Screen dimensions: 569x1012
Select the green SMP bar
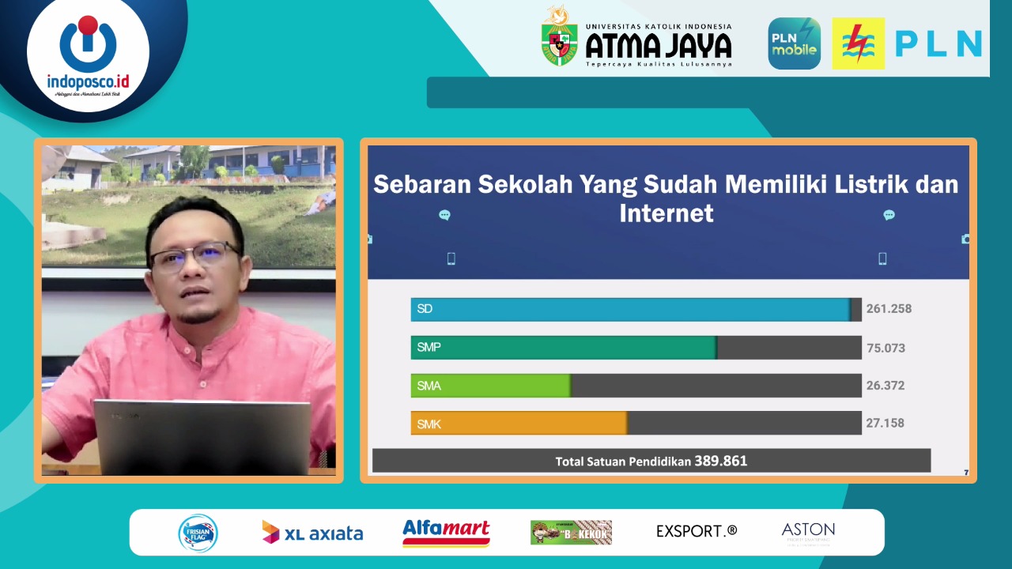pos(563,348)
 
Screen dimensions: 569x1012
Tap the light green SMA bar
pos(490,386)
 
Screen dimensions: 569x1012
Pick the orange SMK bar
pos(519,424)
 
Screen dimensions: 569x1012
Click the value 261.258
pos(889,309)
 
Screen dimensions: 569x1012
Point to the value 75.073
pos(885,348)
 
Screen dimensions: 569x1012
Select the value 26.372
pos(885,386)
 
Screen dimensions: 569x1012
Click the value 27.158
pos(885,424)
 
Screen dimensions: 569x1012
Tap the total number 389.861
pos(721,461)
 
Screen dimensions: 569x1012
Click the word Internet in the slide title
pos(666,213)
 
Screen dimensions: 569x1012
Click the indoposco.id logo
pos(88,55)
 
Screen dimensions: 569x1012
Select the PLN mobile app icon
pos(794,43)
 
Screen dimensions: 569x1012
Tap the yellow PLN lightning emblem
pos(858,43)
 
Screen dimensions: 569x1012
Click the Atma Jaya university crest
pos(559,37)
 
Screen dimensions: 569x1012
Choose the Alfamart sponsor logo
pos(446,533)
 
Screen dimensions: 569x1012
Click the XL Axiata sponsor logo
pos(312,533)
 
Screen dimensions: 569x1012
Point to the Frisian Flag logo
pos(198,533)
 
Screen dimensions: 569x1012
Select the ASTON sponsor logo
pos(808,533)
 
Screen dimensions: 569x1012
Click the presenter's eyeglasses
pos(194,258)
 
